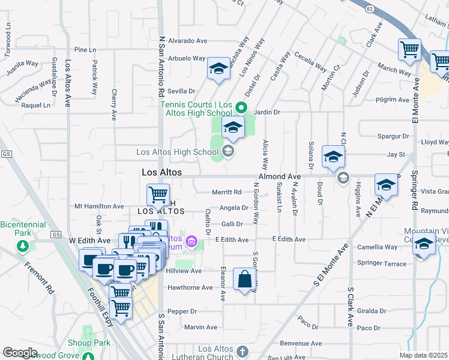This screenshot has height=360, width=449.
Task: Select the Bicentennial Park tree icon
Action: (x=23, y=246)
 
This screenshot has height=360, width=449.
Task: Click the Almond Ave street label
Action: (x=279, y=176)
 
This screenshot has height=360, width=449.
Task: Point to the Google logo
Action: (x=20, y=353)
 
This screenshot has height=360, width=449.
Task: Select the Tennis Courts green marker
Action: (x=241, y=108)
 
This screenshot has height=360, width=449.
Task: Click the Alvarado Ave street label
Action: (x=187, y=41)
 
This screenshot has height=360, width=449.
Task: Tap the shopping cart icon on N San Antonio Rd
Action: (x=158, y=194)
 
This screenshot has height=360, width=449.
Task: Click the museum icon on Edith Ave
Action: (x=191, y=242)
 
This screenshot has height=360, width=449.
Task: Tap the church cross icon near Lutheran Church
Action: (x=242, y=352)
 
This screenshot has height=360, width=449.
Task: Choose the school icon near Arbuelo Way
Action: (x=218, y=69)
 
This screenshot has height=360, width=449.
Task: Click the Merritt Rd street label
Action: (x=227, y=192)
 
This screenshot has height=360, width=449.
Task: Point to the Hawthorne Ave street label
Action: (x=190, y=287)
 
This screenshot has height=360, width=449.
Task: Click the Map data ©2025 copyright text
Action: (x=423, y=355)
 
